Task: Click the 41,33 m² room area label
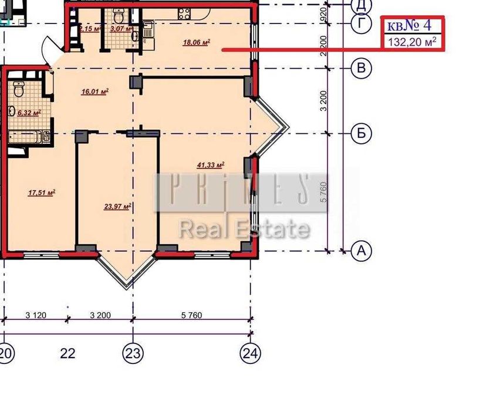click(211, 166)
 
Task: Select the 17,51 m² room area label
click(41, 191)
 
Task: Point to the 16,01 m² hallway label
click(95, 91)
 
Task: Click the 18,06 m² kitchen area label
click(197, 42)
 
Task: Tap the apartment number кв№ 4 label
click(409, 25)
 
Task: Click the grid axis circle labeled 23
click(133, 353)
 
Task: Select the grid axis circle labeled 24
click(250, 353)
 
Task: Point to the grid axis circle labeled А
click(362, 251)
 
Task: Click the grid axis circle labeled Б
click(362, 133)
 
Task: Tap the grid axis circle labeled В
click(362, 68)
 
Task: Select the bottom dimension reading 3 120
click(36, 315)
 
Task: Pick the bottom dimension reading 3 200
click(100, 315)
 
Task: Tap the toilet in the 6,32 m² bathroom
click(19, 89)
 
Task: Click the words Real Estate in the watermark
click(244, 229)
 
